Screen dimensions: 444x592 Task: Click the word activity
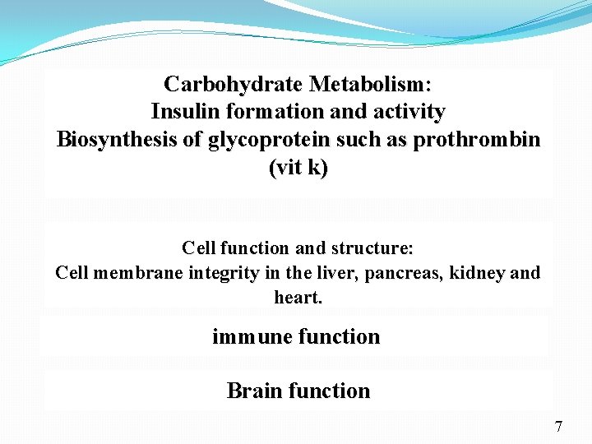coord(406,111)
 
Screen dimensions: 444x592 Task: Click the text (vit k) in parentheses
coord(298,168)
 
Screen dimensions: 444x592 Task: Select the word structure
coord(376,247)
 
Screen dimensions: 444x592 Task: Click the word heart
coord(298,297)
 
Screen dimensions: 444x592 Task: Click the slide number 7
coord(558,427)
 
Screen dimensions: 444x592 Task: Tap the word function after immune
coord(339,337)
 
